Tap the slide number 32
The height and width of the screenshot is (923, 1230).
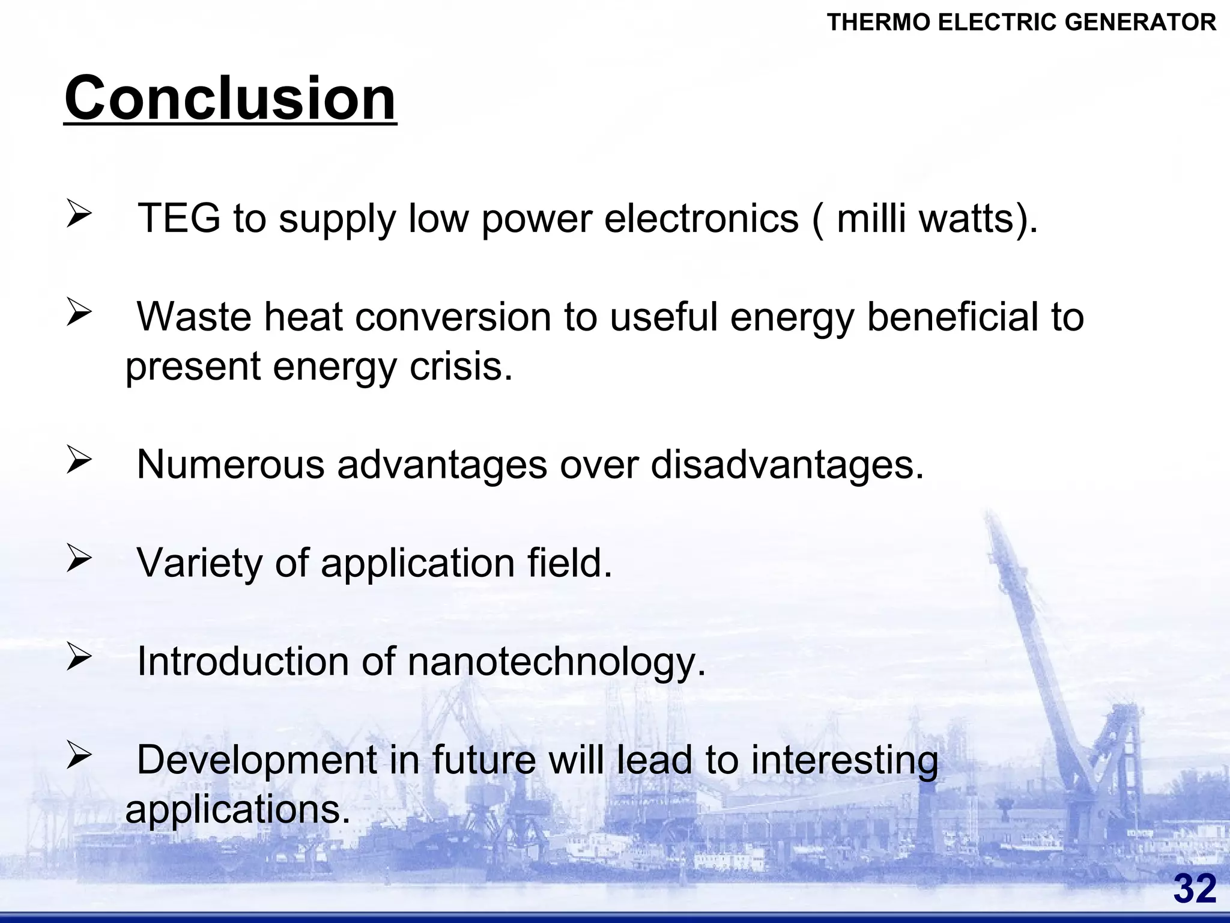[1195, 889]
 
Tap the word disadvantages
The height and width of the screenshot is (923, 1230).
[787, 464]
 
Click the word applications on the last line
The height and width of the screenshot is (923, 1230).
[237, 809]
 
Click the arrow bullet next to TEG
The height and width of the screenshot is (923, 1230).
[79, 213]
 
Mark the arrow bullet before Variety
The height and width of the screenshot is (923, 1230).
[79, 558]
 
